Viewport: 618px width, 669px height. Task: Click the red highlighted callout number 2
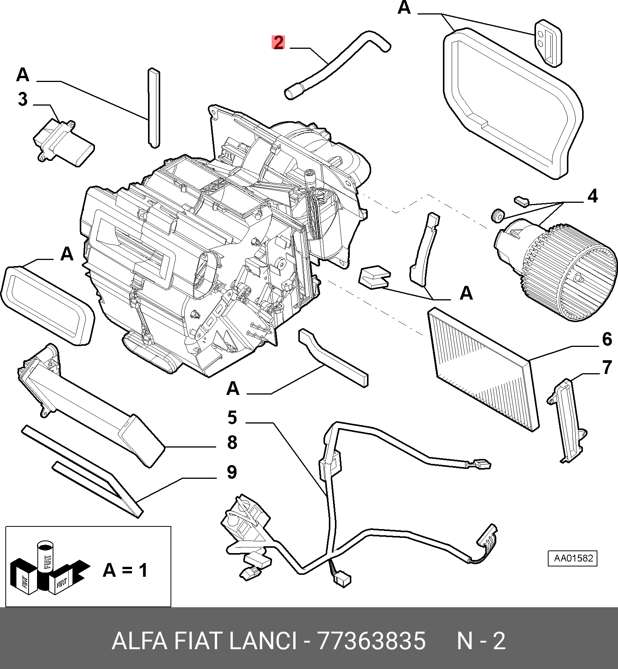pyautogui.click(x=278, y=42)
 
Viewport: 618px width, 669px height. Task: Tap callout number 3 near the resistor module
pyautogui.click(x=23, y=99)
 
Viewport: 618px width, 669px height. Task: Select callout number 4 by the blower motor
pyautogui.click(x=592, y=196)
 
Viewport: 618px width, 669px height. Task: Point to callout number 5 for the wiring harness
pyautogui.click(x=232, y=417)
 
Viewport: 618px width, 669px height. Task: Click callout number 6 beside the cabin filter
pyautogui.click(x=607, y=339)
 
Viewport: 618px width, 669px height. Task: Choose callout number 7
pyautogui.click(x=607, y=367)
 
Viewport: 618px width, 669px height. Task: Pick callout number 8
pyautogui.click(x=232, y=443)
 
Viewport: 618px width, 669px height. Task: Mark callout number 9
pyautogui.click(x=232, y=472)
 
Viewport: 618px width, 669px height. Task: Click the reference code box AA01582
pyautogui.click(x=572, y=558)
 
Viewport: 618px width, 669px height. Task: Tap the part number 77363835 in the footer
pyautogui.click(x=371, y=641)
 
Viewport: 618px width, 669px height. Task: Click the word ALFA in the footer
pyautogui.click(x=139, y=641)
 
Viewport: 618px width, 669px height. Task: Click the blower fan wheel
pyautogui.click(x=572, y=274)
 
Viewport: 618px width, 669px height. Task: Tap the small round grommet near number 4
pyautogui.click(x=497, y=216)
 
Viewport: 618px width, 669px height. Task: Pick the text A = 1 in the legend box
pyautogui.click(x=125, y=570)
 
